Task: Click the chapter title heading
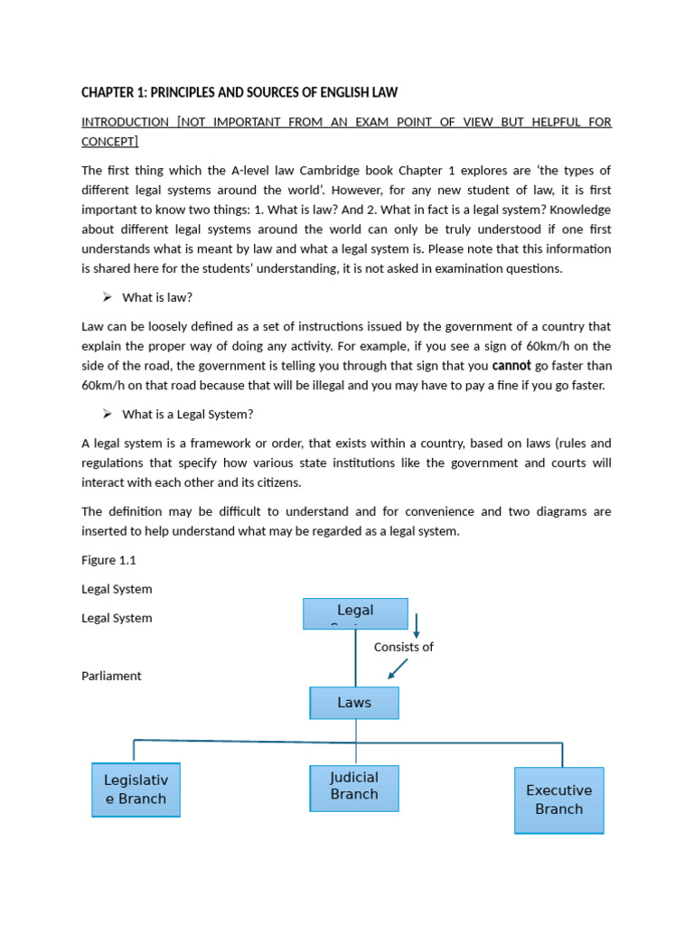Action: pos(239,93)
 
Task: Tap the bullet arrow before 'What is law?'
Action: pos(106,297)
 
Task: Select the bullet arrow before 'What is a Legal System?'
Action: pos(106,414)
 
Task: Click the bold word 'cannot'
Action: pos(511,366)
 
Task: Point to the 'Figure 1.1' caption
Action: pos(108,560)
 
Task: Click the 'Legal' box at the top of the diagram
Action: pos(355,612)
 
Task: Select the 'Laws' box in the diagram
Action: pos(354,703)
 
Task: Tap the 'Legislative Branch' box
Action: pos(136,790)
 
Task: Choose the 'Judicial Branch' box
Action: pos(354,787)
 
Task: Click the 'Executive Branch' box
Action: pos(558,799)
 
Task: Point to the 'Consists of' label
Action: pos(404,647)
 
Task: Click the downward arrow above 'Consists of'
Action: pos(417,626)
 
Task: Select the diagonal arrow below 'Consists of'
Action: pos(398,668)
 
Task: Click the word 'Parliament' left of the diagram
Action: pos(111,676)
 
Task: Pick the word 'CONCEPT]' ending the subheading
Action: pos(109,142)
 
